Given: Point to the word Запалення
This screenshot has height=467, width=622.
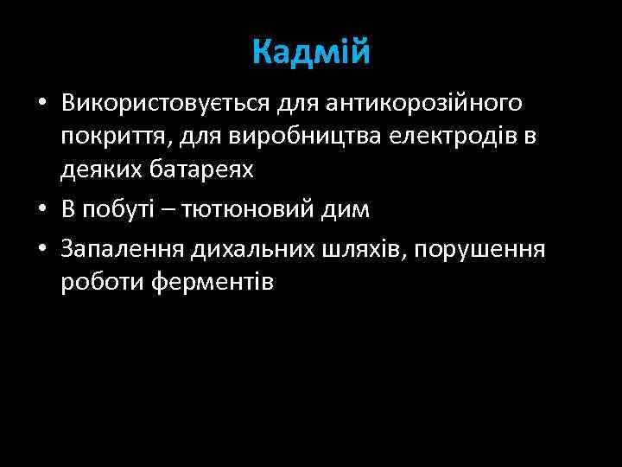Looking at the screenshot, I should pos(123,250).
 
